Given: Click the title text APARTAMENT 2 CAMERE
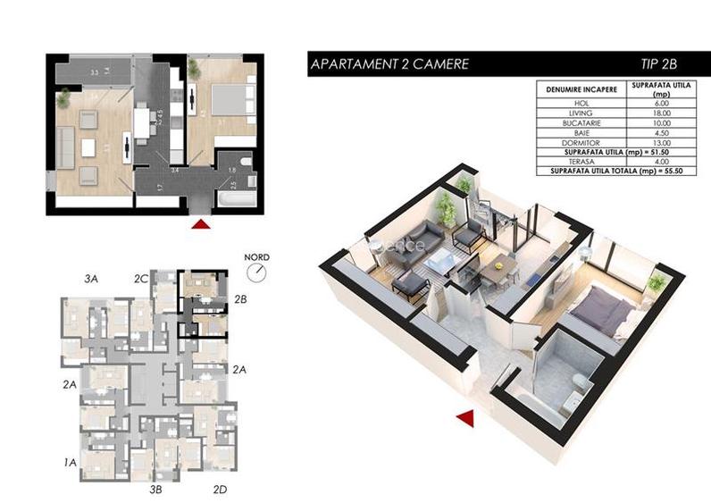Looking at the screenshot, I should click(388, 64).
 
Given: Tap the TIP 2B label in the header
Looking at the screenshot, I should click(659, 64).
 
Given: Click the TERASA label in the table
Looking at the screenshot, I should click(582, 161).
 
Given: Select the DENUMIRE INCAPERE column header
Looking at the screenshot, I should click(582, 90).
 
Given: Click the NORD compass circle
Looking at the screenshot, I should click(257, 271).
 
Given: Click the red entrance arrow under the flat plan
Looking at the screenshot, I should click(203, 224).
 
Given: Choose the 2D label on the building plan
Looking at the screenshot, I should click(221, 489).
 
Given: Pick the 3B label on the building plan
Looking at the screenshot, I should click(155, 489).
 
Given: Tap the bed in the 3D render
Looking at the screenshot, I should click(604, 313).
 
